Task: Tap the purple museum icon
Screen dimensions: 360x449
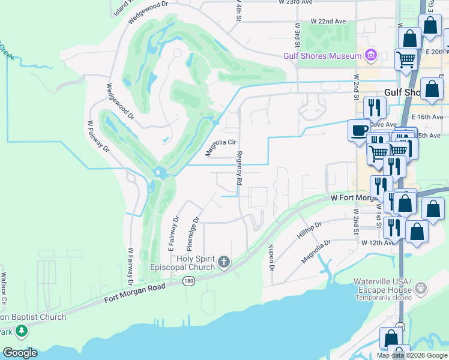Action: point(370,56)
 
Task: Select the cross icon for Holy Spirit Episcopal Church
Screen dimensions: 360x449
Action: point(224,261)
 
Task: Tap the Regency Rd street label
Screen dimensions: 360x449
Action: point(239,168)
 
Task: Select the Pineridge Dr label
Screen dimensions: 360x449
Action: point(191,233)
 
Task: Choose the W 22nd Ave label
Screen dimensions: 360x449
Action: point(328,21)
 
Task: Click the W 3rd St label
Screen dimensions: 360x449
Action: point(297,36)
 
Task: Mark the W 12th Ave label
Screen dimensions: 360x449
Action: point(378,242)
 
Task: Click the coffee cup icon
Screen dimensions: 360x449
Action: point(360,130)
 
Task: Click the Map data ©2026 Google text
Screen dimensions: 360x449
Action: point(412,355)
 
